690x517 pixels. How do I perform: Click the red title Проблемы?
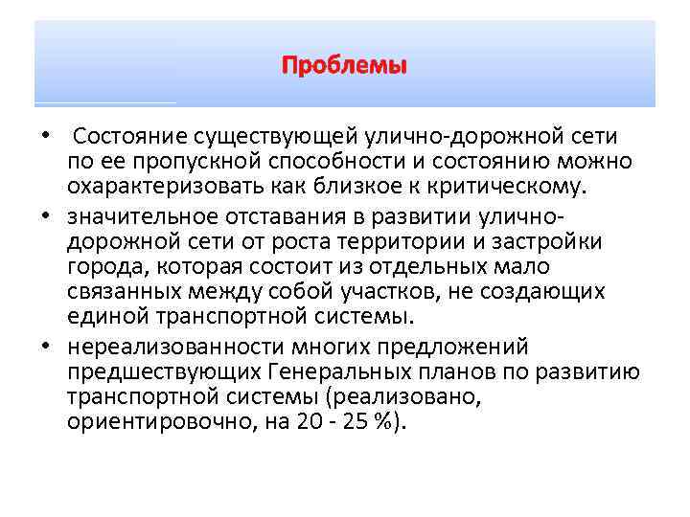point(344,67)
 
